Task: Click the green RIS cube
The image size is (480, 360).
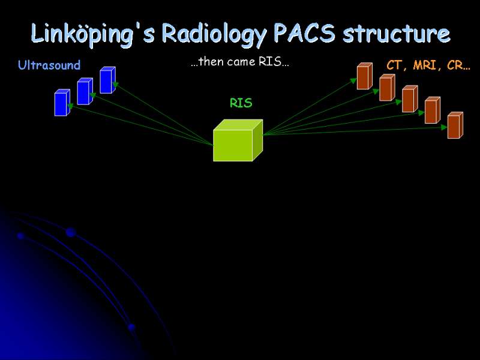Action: click(238, 140)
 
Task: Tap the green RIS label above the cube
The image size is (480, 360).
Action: click(241, 103)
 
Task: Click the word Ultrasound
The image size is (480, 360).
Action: click(49, 65)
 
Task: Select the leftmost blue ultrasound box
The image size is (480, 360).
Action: click(62, 103)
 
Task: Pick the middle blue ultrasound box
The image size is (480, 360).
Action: click(85, 91)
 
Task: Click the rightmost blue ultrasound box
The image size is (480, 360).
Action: click(108, 80)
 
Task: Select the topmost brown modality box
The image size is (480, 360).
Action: click(365, 76)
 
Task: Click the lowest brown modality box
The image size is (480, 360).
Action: click(455, 125)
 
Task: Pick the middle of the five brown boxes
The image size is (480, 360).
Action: click(410, 99)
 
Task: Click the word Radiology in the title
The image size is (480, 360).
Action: click(214, 33)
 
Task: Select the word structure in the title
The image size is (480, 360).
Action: click(397, 33)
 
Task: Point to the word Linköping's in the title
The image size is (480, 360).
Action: click(92, 34)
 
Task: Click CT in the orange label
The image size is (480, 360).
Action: click(395, 65)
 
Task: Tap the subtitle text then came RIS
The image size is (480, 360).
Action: click(239, 62)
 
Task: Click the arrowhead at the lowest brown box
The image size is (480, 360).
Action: click(444, 127)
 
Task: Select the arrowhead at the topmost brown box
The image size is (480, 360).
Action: click(353, 81)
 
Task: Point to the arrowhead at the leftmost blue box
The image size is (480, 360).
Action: click(70, 106)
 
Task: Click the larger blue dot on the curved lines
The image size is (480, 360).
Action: click(71, 232)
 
